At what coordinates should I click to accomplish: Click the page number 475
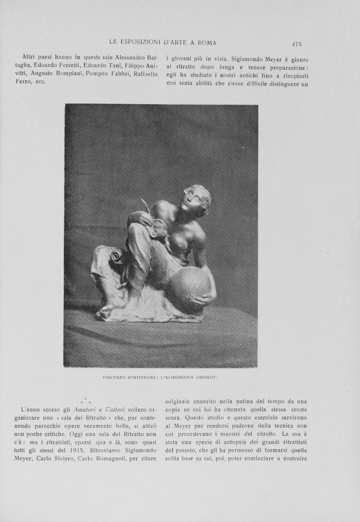(x=297, y=44)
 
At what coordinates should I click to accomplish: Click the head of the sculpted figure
(x=196, y=198)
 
